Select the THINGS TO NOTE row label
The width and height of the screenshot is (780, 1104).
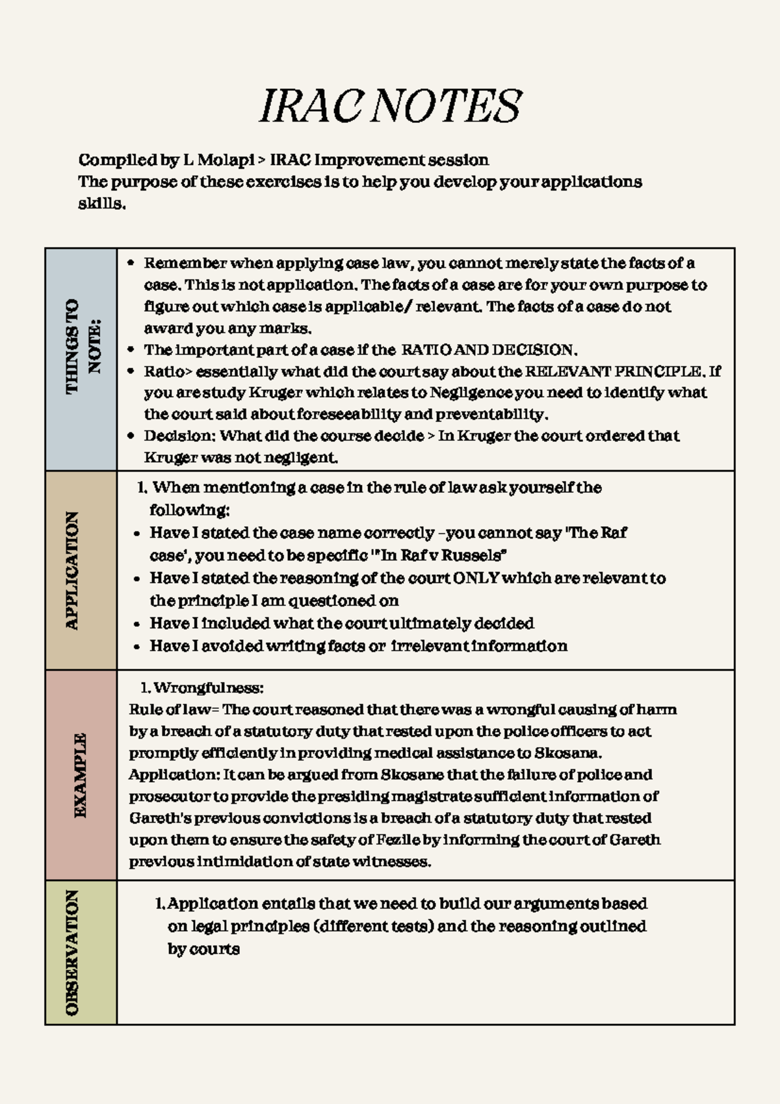pos(81,346)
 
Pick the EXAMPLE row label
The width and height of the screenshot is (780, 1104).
pos(80,775)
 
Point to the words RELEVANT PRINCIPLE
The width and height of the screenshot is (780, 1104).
pos(614,372)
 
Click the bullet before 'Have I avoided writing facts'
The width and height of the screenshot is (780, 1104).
pos(136,647)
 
